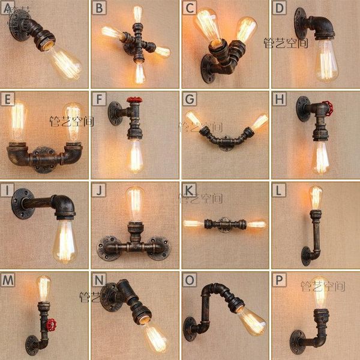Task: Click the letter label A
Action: pos(7,7)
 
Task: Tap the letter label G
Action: pos(188,98)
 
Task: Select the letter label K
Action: pos(188,190)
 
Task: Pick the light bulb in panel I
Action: pos(65,240)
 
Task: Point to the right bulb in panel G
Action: pos(259,122)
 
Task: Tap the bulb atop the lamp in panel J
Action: pos(136,204)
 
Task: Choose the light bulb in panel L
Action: pos(316,198)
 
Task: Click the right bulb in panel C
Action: pos(245,30)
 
